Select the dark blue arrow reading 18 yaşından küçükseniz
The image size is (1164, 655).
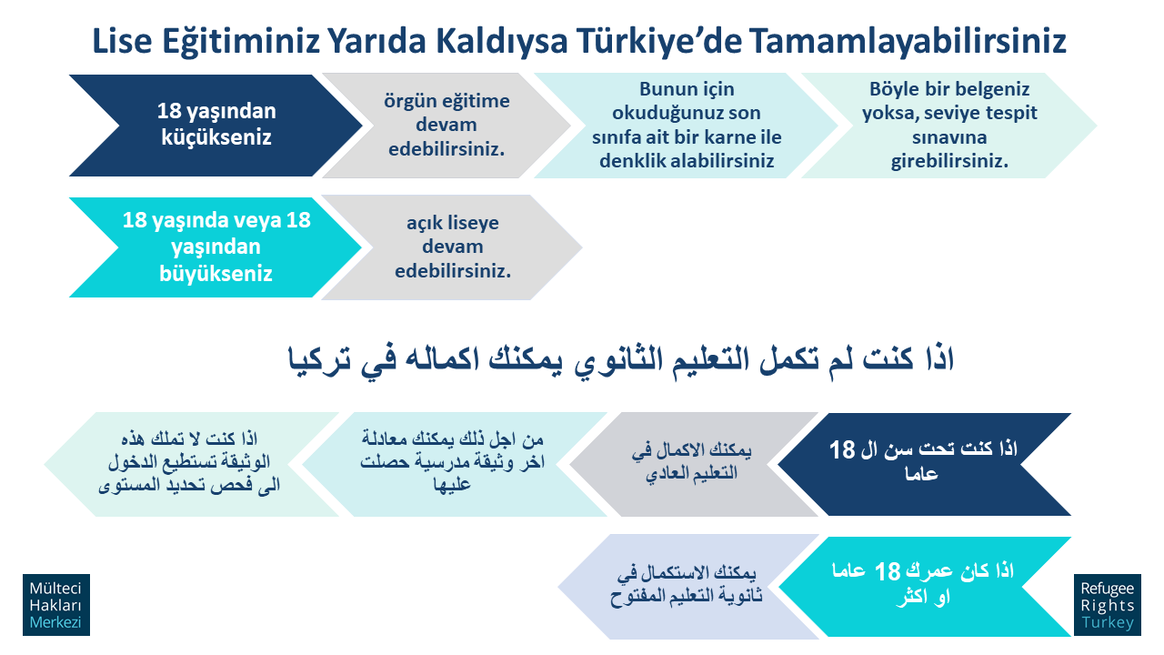(x=216, y=126)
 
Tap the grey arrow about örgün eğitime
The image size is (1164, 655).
(x=447, y=126)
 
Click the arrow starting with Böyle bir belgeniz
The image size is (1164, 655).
(x=949, y=126)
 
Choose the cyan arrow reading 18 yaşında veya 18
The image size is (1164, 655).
(x=216, y=247)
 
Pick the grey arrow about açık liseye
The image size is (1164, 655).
(x=452, y=247)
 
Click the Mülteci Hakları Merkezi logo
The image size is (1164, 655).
(x=56, y=605)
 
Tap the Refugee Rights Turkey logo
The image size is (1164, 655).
(x=1108, y=605)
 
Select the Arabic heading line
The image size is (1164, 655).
(x=621, y=359)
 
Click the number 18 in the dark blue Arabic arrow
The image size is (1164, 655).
(x=842, y=449)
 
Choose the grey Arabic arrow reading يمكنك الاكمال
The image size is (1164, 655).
(x=694, y=464)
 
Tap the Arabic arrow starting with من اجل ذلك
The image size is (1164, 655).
(x=453, y=464)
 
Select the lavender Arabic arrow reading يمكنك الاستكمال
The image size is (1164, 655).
(x=688, y=587)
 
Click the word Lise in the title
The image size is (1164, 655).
(x=122, y=41)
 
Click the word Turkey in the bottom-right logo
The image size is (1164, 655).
(x=1108, y=622)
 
